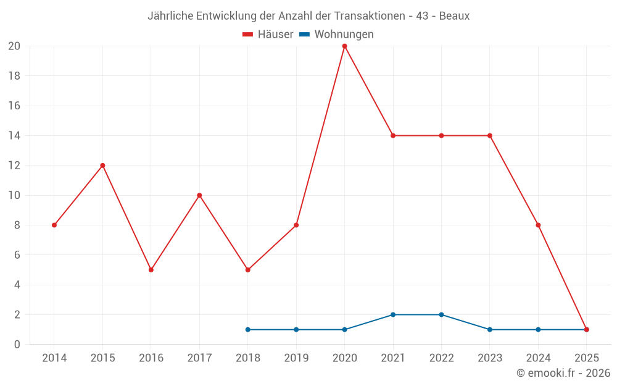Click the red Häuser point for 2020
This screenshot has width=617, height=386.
coord(344,46)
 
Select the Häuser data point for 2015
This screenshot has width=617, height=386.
coord(102,166)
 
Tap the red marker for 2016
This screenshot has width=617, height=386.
coord(151,270)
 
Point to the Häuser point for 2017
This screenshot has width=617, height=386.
coord(199,195)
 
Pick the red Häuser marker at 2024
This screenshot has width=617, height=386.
coord(538,225)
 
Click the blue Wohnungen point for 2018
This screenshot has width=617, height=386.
coord(247,330)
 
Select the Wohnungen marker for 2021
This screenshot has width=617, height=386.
coord(393,315)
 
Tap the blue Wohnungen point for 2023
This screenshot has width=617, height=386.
coord(490,330)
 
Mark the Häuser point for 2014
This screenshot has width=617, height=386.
coord(54,225)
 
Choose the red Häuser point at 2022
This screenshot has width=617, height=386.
coord(441,136)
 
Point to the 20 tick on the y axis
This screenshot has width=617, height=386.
coord(14,46)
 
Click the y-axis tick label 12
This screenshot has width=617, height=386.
coord(14,166)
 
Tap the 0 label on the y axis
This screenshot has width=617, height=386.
coord(17,345)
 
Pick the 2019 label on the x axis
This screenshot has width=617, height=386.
coord(296,358)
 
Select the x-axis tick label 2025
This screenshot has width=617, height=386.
coord(586,358)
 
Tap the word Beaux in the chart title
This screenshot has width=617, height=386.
coord(454,16)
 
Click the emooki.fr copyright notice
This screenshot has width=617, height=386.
coord(563,373)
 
